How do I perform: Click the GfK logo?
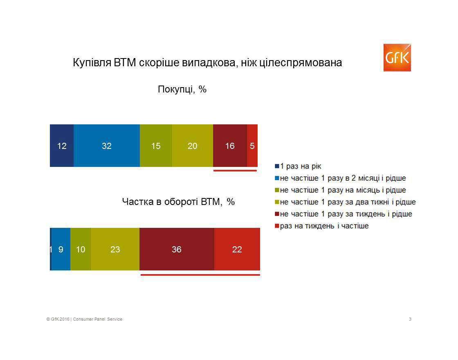click(397, 58)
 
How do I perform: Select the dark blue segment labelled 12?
click(62, 146)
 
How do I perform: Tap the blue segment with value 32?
click(107, 146)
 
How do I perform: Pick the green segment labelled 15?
click(156, 146)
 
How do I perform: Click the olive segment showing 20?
click(193, 146)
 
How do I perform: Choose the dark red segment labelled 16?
click(230, 146)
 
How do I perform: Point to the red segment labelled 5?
click(252, 146)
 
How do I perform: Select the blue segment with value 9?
click(61, 249)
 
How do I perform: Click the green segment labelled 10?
click(81, 249)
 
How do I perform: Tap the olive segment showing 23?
click(115, 249)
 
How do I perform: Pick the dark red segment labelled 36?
click(177, 249)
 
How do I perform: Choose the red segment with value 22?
click(237, 249)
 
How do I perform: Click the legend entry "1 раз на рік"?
click(298, 166)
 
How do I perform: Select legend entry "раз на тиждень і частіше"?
click(321, 226)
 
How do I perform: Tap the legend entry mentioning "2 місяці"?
click(340, 178)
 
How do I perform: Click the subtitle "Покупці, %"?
click(182, 89)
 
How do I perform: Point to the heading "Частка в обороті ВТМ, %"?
click(178, 202)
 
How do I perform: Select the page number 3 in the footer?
click(410, 319)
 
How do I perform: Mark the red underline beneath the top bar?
click(235, 170)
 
